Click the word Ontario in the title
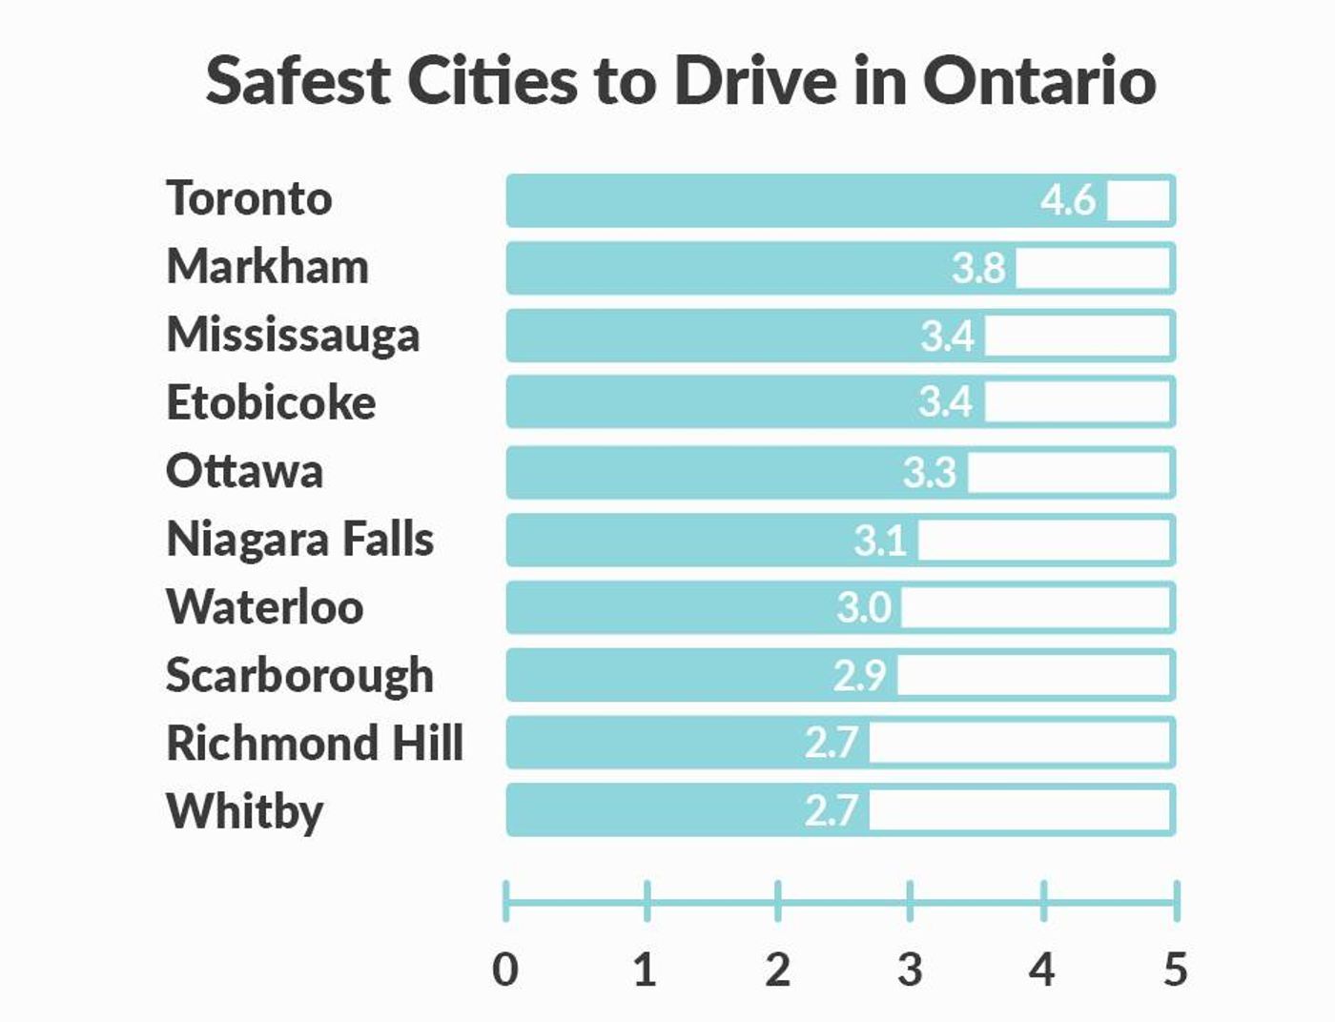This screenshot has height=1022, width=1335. coord(1038,80)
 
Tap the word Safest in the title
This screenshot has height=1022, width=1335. coord(298,80)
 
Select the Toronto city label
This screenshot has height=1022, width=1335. coord(249,199)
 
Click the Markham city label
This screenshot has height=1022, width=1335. coord(267,267)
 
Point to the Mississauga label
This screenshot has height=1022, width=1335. coord(293,336)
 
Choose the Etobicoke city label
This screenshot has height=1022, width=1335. coord(271,403)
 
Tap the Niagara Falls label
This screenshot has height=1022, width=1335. coord(299,540)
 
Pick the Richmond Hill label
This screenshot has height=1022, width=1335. coord(315,744)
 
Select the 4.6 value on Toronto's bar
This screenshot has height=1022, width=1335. coord(1068,201)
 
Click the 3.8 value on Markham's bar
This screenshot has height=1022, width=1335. coord(978,269)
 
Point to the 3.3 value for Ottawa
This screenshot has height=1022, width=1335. coord(930,473)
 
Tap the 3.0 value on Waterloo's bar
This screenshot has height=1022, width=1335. coord(864,608)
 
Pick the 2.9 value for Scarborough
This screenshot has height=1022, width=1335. coord(860,676)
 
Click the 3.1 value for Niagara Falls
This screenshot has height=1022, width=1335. coord(880,541)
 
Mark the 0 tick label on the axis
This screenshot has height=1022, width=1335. coord(505,970)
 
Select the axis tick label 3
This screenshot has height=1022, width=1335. coord(910,970)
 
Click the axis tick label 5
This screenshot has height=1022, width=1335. coord(1176,970)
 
